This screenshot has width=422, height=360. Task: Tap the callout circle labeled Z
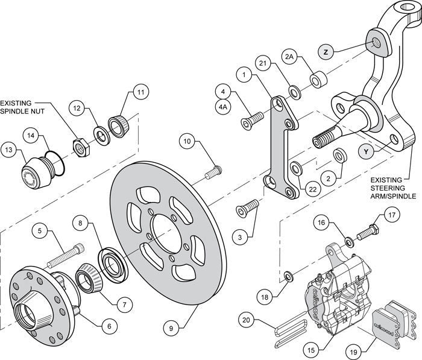coord(326,52)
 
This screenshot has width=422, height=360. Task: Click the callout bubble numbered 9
coord(171,329)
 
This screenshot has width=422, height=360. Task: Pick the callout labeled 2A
coord(289,57)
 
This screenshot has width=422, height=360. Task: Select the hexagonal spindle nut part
coord(78,145)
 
